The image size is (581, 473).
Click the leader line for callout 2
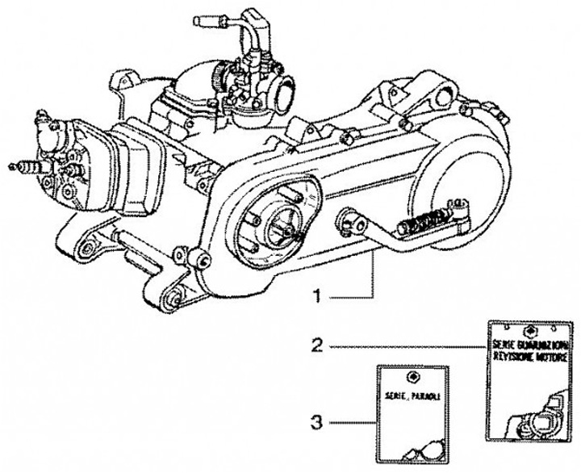coord(403,346)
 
